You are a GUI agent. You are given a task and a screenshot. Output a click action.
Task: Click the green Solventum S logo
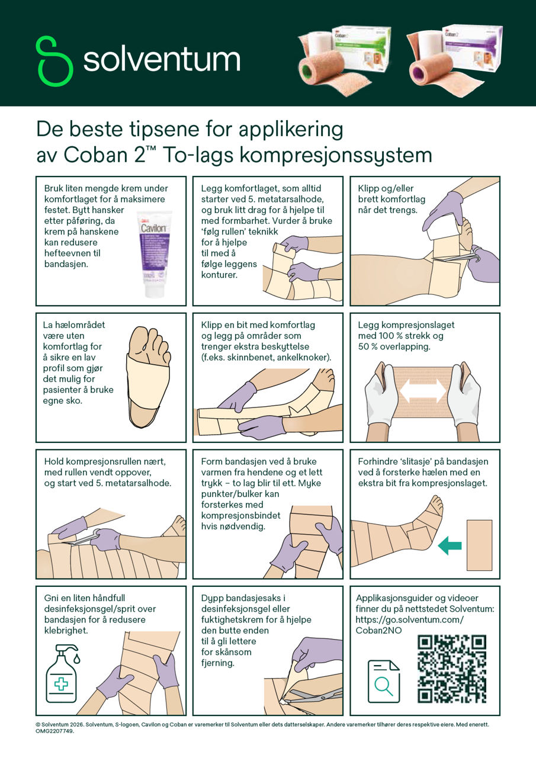click(x=54, y=61)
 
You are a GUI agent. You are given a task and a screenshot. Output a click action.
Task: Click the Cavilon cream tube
click(x=155, y=253)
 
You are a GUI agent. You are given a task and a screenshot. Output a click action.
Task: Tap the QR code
click(x=452, y=669)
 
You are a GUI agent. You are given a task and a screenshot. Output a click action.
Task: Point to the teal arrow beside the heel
click(x=450, y=545)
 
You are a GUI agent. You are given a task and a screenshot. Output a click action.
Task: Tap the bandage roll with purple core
click(x=431, y=72)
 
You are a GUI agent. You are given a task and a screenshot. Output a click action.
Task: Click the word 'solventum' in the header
click(x=162, y=59)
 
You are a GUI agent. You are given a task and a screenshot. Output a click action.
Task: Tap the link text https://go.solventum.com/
click(x=409, y=619)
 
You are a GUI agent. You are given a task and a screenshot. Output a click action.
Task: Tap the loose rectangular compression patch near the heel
click(x=479, y=545)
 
